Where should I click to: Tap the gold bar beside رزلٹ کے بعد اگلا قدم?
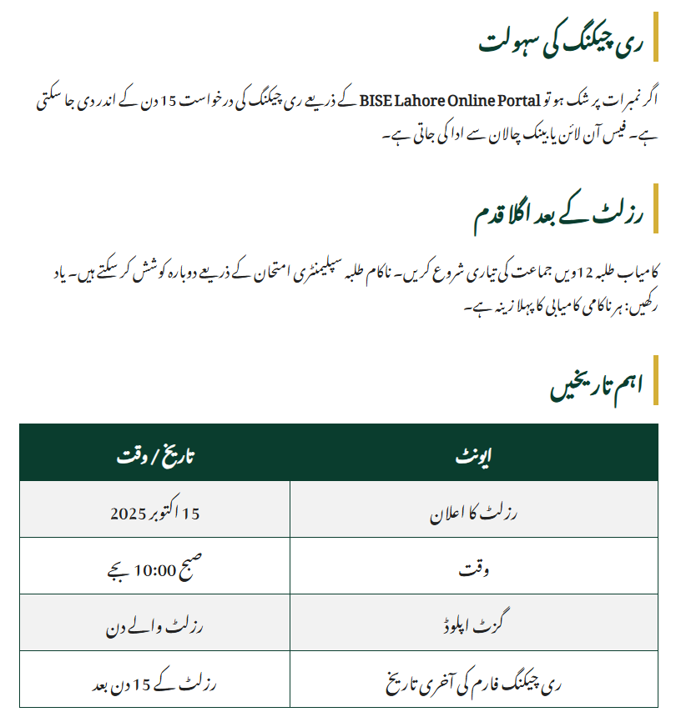pos(655,208)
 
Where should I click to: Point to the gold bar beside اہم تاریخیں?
pos(655,380)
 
